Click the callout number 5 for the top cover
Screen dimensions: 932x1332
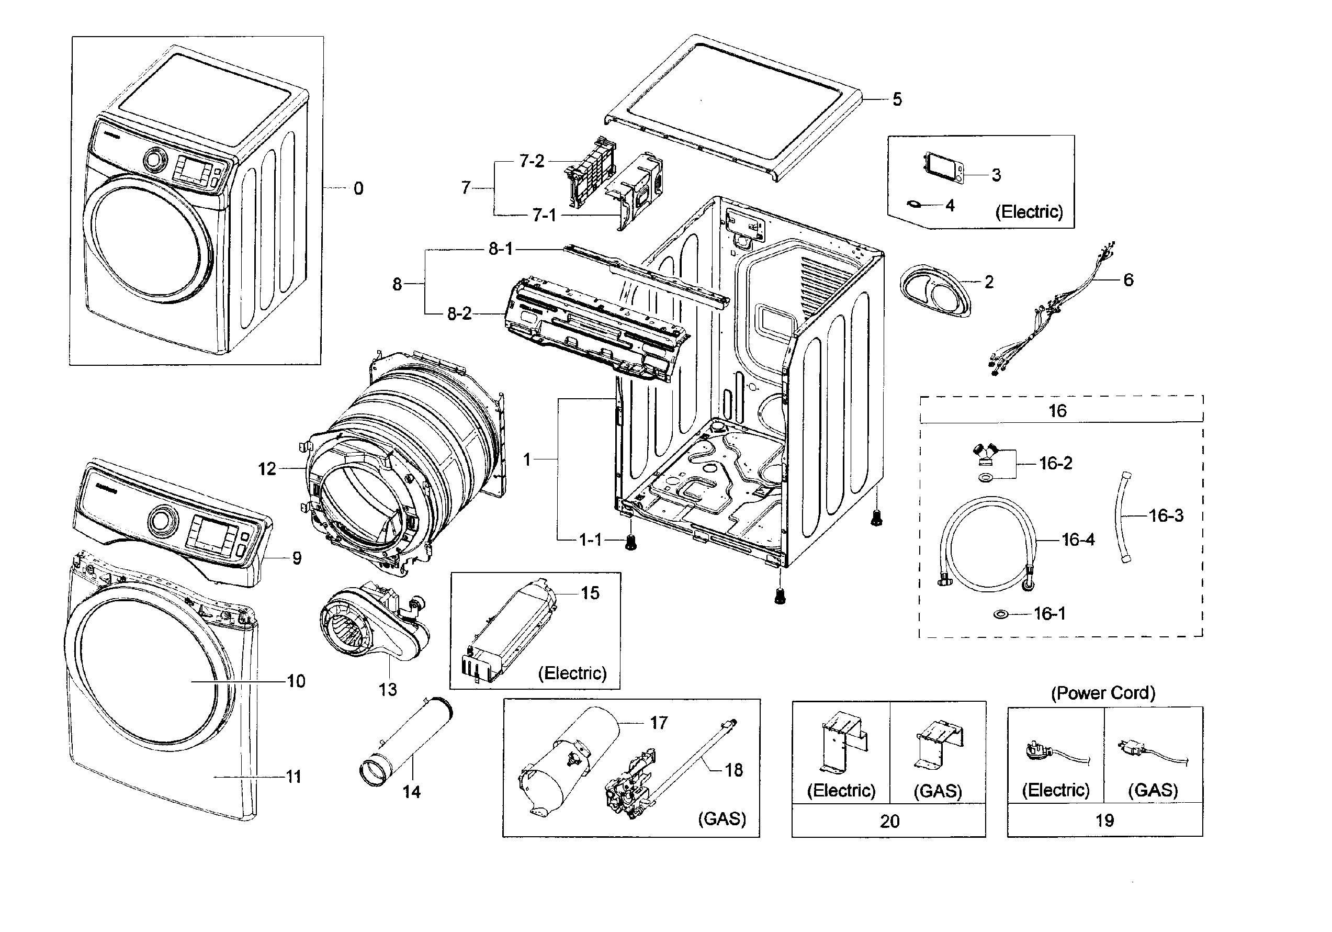897,99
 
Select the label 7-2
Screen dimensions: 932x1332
532,161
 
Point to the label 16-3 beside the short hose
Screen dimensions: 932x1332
1166,515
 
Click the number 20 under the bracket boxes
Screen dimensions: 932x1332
889,821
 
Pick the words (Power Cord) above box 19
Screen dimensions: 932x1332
1103,692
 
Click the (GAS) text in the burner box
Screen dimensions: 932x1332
721,818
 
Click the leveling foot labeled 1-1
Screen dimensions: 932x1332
630,543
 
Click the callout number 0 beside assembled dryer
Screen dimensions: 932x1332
358,188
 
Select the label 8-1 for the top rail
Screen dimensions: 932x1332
500,249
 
